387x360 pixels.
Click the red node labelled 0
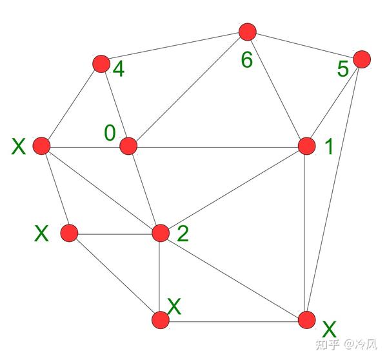point(128,146)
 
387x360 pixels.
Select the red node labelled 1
point(306,146)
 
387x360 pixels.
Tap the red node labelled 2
point(160,233)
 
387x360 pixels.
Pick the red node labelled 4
point(101,63)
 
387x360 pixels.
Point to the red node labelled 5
point(362,59)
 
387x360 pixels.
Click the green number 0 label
point(110,133)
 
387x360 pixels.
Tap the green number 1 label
point(329,148)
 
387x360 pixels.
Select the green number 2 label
point(183,234)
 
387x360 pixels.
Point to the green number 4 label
point(118,69)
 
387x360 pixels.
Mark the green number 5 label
point(342,69)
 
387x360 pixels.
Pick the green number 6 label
point(247,61)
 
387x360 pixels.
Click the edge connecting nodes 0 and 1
point(217,146)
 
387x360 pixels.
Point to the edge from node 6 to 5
point(304,45)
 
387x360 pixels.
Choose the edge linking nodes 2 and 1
point(233,190)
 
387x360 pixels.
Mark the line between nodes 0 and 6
point(188,89)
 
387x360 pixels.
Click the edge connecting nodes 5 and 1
point(333,103)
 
